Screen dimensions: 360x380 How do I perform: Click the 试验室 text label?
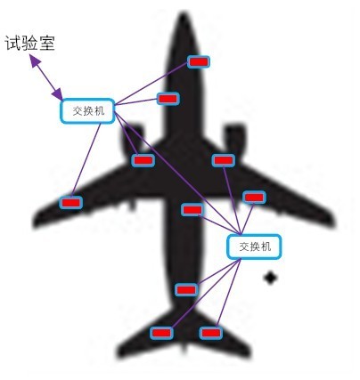pos(30,44)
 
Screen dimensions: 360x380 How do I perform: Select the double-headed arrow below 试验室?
pos(46,78)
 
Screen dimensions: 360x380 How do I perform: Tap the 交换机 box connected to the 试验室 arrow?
pos(87,111)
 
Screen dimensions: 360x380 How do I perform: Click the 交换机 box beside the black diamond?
pos(254,247)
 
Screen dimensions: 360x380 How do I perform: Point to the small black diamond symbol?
pos(270,278)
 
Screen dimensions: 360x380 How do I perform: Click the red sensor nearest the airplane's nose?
pos(199,61)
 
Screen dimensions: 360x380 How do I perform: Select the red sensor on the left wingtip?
pos(70,203)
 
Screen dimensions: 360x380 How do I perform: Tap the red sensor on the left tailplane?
pos(161,333)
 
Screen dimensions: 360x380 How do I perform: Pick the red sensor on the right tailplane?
pos(210,333)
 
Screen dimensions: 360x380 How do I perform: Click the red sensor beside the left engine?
pos(143,160)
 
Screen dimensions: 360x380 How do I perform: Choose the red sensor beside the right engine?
pos(224,160)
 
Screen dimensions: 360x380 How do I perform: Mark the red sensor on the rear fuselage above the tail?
pos(186,289)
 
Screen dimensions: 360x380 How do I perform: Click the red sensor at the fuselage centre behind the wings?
pos(192,210)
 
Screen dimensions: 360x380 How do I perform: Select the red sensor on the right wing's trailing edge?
pos(254,198)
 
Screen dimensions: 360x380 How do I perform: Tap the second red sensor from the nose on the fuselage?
pos(168,99)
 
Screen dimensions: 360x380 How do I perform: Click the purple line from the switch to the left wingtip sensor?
pos(86,160)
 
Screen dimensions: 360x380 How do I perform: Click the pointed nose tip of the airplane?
pos(184,13)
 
